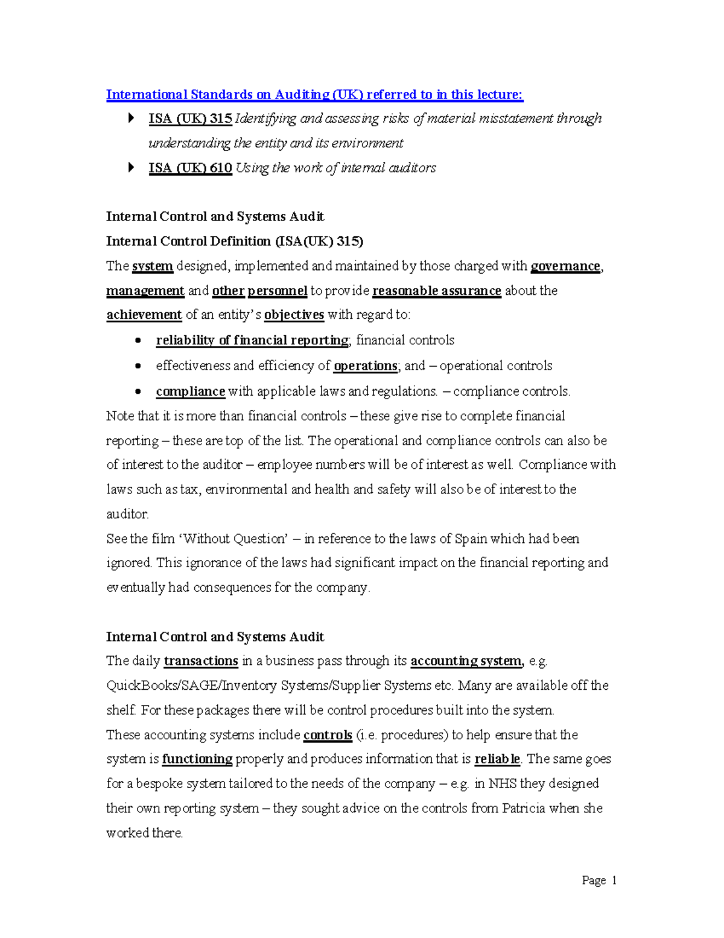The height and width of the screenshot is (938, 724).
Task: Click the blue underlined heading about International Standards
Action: click(x=314, y=95)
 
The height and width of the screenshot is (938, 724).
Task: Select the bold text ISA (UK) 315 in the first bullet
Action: click(x=190, y=119)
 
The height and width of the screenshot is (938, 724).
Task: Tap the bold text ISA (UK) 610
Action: click(x=190, y=169)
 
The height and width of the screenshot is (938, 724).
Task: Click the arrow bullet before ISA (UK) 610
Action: click(x=131, y=168)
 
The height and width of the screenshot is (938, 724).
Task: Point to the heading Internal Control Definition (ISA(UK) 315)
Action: click(x=234, y=242)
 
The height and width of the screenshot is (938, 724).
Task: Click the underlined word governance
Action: click(x=565, y=266)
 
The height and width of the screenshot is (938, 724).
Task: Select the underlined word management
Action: click(x=145, y=291)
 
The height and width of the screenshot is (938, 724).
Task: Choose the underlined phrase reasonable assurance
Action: click(x=437, y=291)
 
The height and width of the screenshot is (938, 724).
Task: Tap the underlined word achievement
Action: click(x=144, y=315)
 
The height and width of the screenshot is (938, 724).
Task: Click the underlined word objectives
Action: click(x=294, y=315)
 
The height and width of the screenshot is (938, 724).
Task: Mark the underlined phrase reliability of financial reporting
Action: click(x=252, y=341)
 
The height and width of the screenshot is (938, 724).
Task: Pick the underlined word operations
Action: click(x=365, y=366)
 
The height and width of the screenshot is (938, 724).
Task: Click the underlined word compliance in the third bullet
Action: click(x=190, y=391)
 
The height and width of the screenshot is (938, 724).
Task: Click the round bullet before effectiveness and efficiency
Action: click(x=138, y=366)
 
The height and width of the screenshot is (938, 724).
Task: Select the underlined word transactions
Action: click(x=201, y=661)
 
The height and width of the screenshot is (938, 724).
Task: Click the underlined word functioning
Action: click(x=197, y=759)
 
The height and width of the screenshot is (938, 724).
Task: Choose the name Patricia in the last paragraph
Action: click(x=524, y=809)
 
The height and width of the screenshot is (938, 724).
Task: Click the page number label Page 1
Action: click(x=599, y=881)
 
